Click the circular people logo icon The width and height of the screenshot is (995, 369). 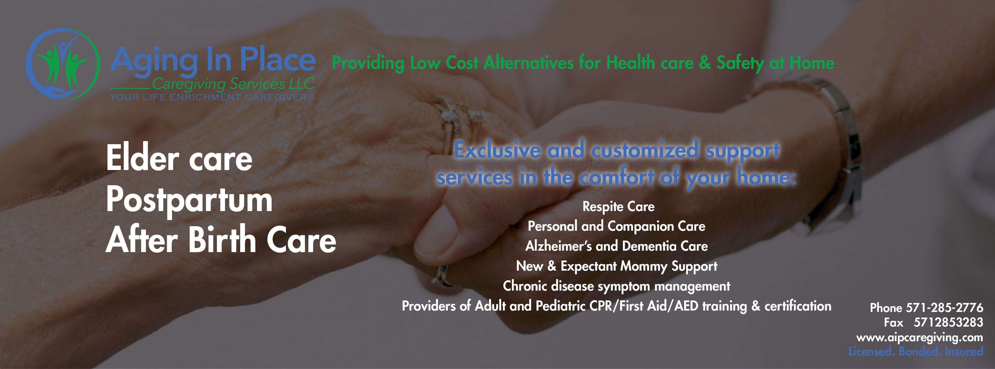[63, 64]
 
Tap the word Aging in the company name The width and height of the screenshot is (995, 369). [154, 61]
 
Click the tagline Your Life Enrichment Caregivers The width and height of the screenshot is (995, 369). [212, 97]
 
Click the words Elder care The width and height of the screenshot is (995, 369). [179, 159]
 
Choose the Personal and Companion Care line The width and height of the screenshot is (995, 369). [616, 226]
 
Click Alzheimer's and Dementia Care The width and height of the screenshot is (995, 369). [616, 246]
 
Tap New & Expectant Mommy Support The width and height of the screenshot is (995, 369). [616, 266]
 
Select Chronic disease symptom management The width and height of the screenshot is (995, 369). [616, 286]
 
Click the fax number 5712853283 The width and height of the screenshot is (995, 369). [948, 322]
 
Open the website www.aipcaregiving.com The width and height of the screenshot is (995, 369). [919, 337]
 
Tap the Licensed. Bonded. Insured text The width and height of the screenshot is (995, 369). [915, 351]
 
